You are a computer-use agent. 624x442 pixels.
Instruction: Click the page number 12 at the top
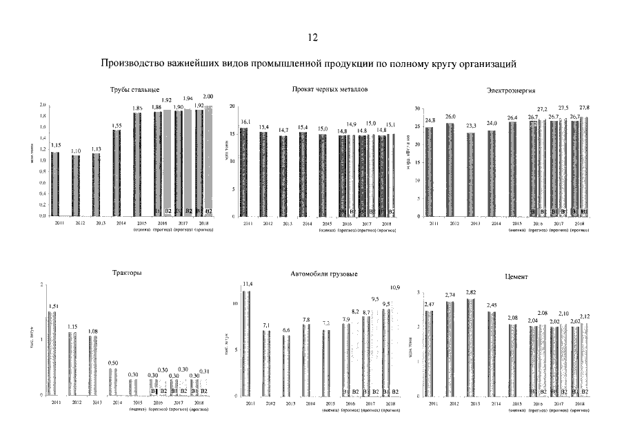tap(312, 37)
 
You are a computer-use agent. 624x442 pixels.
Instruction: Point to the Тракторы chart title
tap(127, 273)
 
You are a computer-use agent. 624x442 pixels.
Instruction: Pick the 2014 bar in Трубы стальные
tap(117, 173)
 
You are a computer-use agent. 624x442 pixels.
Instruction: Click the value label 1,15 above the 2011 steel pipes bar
tap(56, 145)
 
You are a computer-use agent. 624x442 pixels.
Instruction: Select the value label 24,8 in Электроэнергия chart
tap(430, 120)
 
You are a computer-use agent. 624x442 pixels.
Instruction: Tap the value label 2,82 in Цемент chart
tap(470, 292)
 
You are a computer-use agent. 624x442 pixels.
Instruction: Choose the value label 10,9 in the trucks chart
tap(395, 287)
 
